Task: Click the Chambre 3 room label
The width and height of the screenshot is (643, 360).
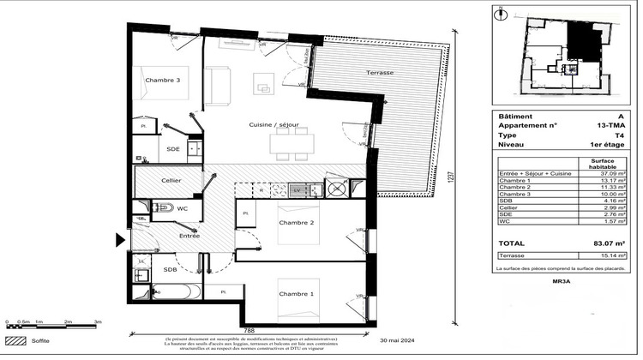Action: [x=163, y=81]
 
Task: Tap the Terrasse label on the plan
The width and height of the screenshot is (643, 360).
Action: [x=379, y=74]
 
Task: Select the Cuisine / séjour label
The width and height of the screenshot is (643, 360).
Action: [x=273, y=125]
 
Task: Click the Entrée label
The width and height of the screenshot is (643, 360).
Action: [x=189, y=234]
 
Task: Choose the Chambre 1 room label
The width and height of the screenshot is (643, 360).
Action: [x=296, y=294]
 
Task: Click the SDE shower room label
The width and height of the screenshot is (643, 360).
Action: [x=173, y=148]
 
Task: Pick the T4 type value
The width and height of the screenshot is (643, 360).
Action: [x=618, y=135]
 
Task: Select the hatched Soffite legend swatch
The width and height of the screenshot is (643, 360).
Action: [x=15, y=340]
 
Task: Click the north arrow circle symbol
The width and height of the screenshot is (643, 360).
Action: [x=501, y=12]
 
